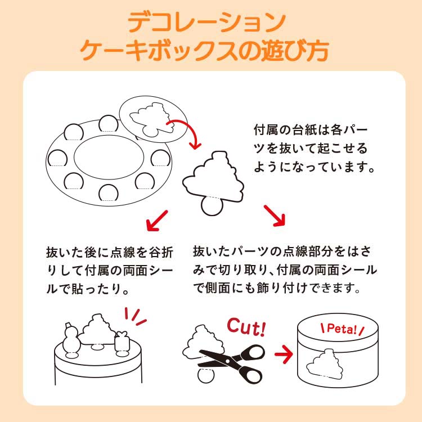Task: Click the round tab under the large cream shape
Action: (212, 206)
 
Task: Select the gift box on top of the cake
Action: (122, 343)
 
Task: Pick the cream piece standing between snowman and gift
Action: (96, 332)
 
